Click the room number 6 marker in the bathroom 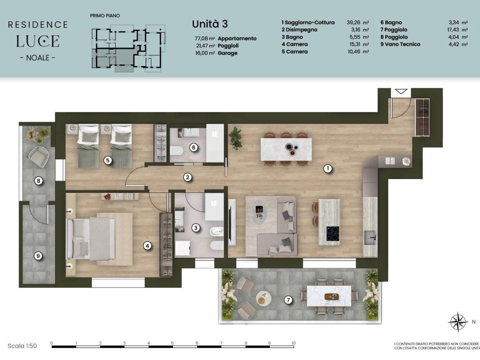(x=194, y=148)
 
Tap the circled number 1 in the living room (x=328, y=168)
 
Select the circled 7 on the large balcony (x=288, y=300)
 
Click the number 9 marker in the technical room (x=38, y=255)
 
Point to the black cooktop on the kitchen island (x=333, y=233)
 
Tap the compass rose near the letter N (x=457, y=322)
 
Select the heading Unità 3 (x=210, y=24)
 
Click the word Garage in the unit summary (x=227, y=53)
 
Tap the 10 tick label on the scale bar (x=293, y=343)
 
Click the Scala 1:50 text (x=22, y=346)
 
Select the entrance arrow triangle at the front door (x=401, y=91)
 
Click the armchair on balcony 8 (x=39, y=157)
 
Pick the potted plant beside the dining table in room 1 (x=235, y=137)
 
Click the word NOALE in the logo (x=37, y=58)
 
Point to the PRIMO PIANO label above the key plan (x=105, y=15)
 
